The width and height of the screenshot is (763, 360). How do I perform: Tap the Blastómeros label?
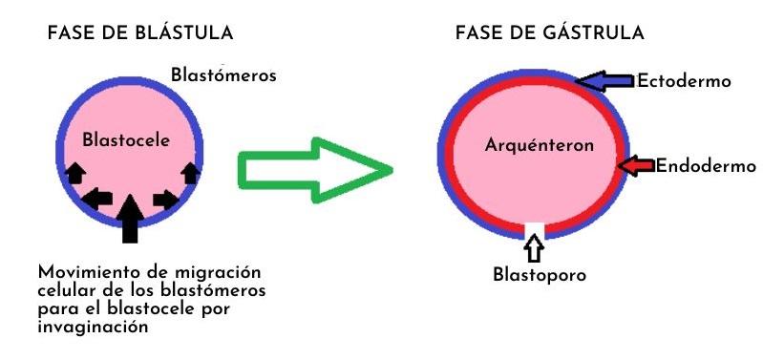[223, 74]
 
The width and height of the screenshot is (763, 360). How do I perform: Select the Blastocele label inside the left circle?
[126, 139]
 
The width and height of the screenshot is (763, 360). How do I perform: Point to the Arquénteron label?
[539, 146]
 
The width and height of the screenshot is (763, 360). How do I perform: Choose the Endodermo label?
[705, 165]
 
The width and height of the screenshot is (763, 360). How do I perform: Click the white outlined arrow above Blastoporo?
[534, 247]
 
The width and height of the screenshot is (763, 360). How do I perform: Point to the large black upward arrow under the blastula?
[131, 217]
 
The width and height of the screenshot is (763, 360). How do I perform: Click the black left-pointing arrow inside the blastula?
[97, 198]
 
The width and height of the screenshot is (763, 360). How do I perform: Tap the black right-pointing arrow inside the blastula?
[165, 199]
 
